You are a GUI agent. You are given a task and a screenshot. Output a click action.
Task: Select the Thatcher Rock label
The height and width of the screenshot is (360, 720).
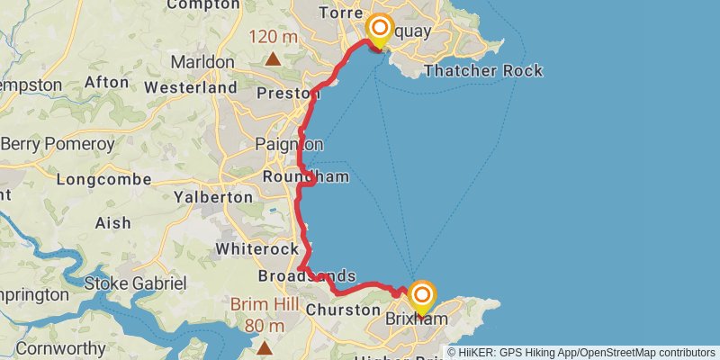(x=482, y=70)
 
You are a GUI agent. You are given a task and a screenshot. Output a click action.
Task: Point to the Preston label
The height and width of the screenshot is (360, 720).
(x=288, y=93)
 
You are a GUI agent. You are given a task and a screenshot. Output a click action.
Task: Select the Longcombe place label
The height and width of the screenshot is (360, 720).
(x=103, y=179)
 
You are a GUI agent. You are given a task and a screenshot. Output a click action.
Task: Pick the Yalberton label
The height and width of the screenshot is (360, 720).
(x=213, y=196)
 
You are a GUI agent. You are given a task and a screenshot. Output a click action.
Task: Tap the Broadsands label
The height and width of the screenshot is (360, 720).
(x=306, y=276)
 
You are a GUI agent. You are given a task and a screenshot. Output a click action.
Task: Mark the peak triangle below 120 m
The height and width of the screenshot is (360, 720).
(x=272, y=59)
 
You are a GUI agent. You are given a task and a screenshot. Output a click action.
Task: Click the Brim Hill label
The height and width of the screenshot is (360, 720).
(x=265, y=304)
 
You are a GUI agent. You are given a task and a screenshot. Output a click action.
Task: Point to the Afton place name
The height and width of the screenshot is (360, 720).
(x=106, y=82)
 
